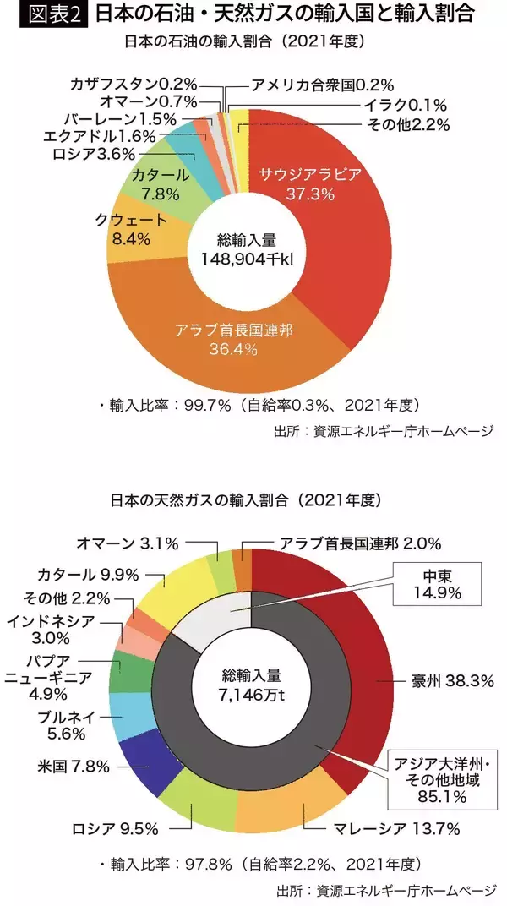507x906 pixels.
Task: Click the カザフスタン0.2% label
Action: (x=134, y=83)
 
